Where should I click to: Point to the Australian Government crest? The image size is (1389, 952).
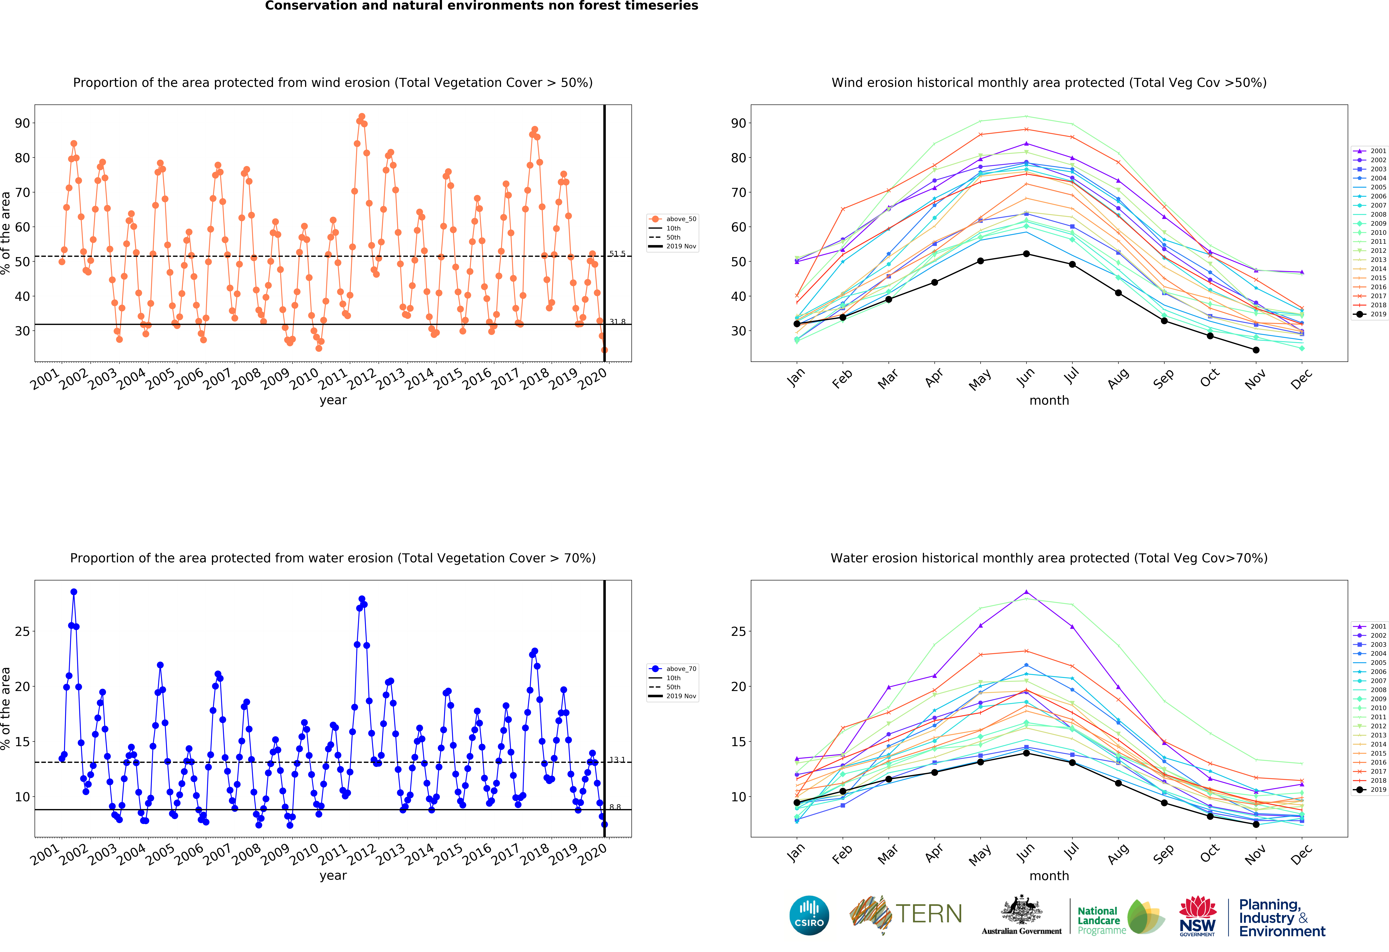pyautogui.click(x=1021, y=914)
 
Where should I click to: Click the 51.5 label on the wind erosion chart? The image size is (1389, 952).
pyautogui.click(x=617, y=254)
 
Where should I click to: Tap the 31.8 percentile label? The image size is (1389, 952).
pyautogui.click(x=617, y=322)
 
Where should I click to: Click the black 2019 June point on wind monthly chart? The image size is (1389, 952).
pyautogui.click(x=1026, y=254)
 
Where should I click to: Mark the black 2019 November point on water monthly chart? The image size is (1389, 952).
pyautogui.click(x=1256, y=824)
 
